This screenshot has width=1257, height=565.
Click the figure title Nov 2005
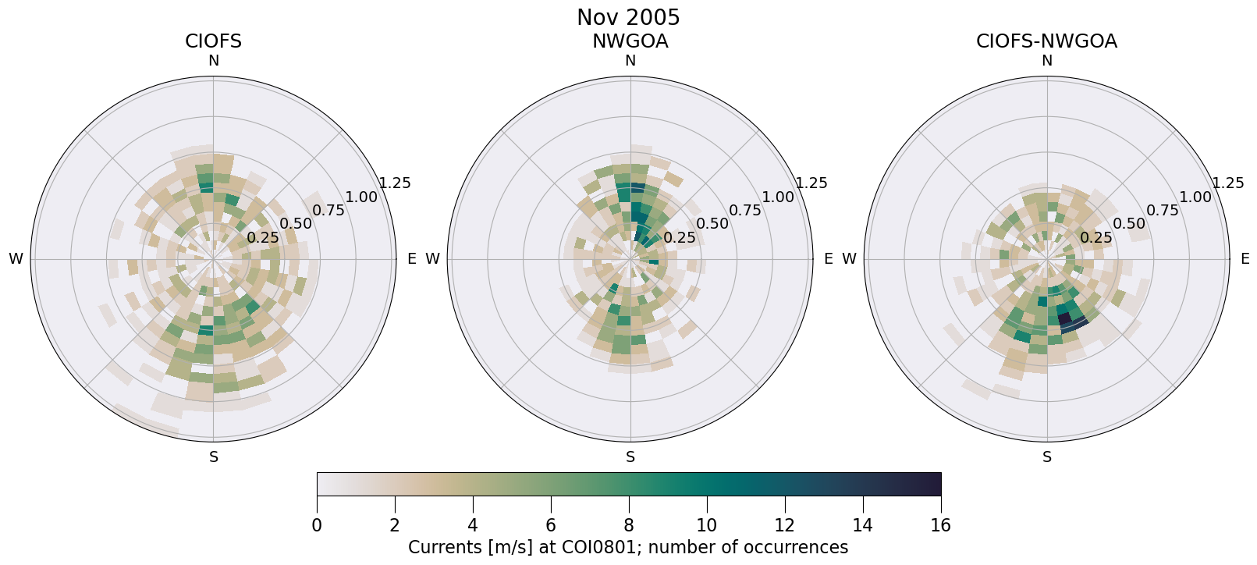(x=628, y=17)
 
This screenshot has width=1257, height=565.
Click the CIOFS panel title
(x=213, y=41)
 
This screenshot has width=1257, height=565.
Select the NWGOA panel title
(x=630, y=41)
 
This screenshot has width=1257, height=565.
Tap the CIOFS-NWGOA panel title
(x=1046, y=41)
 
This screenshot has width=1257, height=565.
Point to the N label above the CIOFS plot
(x=213, y=61)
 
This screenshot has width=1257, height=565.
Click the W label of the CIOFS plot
(x=16, y=259)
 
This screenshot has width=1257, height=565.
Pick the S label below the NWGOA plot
(x=630, y=457)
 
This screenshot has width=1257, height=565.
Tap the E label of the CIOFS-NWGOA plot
(x=1245, y=259)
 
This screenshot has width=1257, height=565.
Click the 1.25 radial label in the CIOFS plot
(x=394, y=183)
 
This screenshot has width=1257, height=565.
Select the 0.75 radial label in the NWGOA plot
(x=745, y=210)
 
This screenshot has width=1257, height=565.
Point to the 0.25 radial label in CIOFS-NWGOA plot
(x=1096, y=237)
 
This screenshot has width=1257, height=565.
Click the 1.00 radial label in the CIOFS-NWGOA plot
(x=1195, y=197)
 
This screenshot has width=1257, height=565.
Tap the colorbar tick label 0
(x=317, y=526)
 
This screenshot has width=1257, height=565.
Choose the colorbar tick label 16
(x=940, y=526)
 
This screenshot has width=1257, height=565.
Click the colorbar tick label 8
(x=629, y=526)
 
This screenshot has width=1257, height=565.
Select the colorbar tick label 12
(x=784, y=526)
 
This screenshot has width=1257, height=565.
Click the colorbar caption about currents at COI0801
(x=628, y=548)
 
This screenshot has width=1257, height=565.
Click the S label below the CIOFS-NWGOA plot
(x=1047, y=457)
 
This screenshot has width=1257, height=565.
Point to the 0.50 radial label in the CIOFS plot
(x=296, y=224)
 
